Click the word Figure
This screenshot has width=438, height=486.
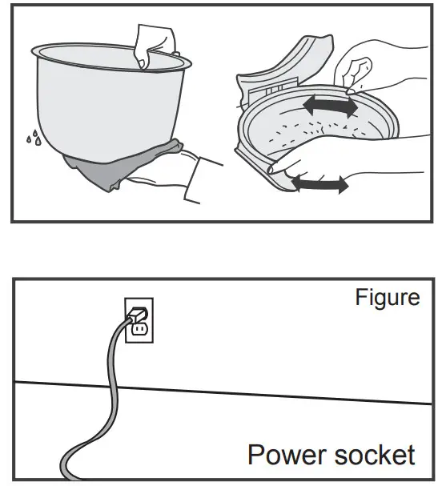coord(388,298)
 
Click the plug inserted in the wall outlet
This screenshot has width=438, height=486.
coord(137,315)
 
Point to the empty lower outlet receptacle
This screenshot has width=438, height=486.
coord(139,330)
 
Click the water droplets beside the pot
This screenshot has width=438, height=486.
coord(34,137)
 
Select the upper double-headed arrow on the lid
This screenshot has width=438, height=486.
coord(331,106)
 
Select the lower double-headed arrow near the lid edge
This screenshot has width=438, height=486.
coord(320,184)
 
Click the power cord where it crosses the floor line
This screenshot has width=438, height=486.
coord(114,386)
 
